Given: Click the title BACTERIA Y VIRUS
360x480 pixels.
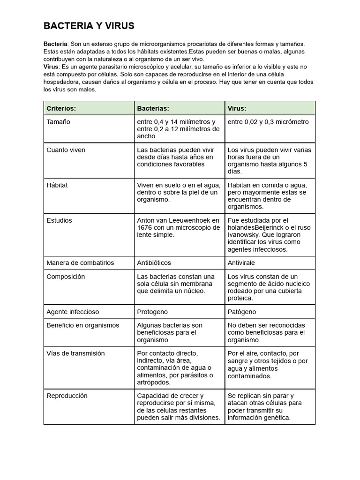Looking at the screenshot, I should click(x=89, y=26).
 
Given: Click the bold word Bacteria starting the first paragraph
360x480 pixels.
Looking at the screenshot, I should click(x=55, y=44).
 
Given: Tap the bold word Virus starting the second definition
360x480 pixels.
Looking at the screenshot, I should click(x=51, y=67).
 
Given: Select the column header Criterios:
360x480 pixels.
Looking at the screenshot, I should click(x=61, y=108).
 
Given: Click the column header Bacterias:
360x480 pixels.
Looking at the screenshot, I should click(x=153, y=108).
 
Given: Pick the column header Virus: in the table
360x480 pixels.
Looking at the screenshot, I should click(x=237, y=108).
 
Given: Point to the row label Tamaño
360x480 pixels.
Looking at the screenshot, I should click(x=58, y=122).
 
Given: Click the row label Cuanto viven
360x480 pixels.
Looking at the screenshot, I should click(x=66, y=150).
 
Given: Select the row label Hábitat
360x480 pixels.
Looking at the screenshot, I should click(x=57, y=185).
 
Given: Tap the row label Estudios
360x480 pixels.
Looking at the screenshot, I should click(x=59, y=220).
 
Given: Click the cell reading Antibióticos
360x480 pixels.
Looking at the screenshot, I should click(x=154, y=262).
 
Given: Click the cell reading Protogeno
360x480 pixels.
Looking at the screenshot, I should click(x=152, y=312).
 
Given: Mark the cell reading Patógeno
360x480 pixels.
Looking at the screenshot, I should click(x=242, y=312).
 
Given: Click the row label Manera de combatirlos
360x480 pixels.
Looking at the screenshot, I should click(x=80, y=262).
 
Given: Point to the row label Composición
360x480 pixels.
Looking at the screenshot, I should click(x=66, y=277).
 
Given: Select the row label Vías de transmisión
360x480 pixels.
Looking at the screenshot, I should click(x=75, y=353).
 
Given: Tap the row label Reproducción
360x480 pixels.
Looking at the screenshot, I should click(x=67, y=396).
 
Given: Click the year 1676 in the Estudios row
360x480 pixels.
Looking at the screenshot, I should click(x=145, y=227).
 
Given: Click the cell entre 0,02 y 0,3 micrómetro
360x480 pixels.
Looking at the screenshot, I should click(x=268, y=122).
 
